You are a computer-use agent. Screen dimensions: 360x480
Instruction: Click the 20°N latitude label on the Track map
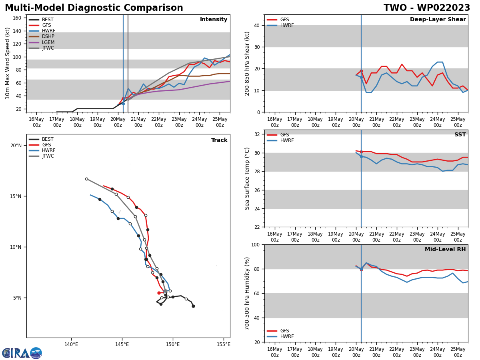tap(16, 146)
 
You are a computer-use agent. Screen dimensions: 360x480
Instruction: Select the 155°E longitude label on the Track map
tap(223, 344)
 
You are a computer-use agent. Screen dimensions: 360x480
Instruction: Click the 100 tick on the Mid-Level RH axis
tap(255, 245)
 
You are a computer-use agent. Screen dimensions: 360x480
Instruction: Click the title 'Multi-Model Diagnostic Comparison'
tap(94, 8)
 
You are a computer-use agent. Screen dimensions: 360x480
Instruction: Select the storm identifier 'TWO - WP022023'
tap(427, 8)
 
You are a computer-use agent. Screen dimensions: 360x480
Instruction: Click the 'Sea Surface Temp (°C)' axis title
tap(248, 178)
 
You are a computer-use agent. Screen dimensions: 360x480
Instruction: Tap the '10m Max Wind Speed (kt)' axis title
tap(8, 63)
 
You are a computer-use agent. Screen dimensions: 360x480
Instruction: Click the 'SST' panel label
tap(460, 135)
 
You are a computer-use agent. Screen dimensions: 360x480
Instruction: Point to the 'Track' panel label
tap(219, 140)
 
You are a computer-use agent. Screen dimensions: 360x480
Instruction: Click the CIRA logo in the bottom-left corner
tap(22, 353)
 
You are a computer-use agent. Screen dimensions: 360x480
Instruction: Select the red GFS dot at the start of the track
tap(159, 293)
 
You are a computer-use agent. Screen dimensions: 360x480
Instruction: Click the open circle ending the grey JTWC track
tap(86, 179)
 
